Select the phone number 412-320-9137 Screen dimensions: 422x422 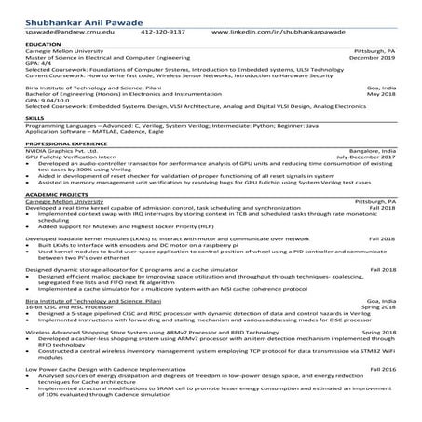coord(162,30)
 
